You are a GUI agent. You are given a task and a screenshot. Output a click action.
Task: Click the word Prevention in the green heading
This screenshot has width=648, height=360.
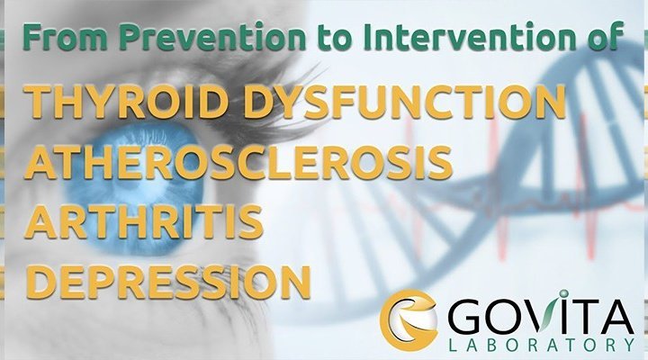click(x=212, y=37)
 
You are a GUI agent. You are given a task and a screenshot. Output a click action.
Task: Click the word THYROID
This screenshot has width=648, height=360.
click(x=127, y=101)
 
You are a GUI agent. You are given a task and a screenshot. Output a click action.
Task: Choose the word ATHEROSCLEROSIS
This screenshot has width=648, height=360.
click(x=238, y=162)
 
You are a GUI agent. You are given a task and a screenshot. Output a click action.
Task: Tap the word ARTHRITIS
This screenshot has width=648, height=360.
click(x=144, y=221)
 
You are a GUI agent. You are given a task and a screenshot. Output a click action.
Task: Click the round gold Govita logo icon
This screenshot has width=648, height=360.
click(x=409, y=319)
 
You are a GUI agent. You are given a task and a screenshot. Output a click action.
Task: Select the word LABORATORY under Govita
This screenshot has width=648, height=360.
click(x=542, y=345)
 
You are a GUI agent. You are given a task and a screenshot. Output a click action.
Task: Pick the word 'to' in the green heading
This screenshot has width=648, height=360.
click(x=335, y=38)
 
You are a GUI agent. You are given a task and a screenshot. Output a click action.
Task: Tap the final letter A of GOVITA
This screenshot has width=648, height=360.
click(x=616, y=317)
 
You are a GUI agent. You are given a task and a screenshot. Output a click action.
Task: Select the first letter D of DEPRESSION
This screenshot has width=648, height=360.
click(x=42, y=282)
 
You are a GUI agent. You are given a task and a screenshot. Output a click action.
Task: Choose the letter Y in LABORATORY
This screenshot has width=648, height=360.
click(x=628, y=345)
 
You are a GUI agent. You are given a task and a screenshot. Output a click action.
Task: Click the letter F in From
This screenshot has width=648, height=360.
click(x=32, y=37)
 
